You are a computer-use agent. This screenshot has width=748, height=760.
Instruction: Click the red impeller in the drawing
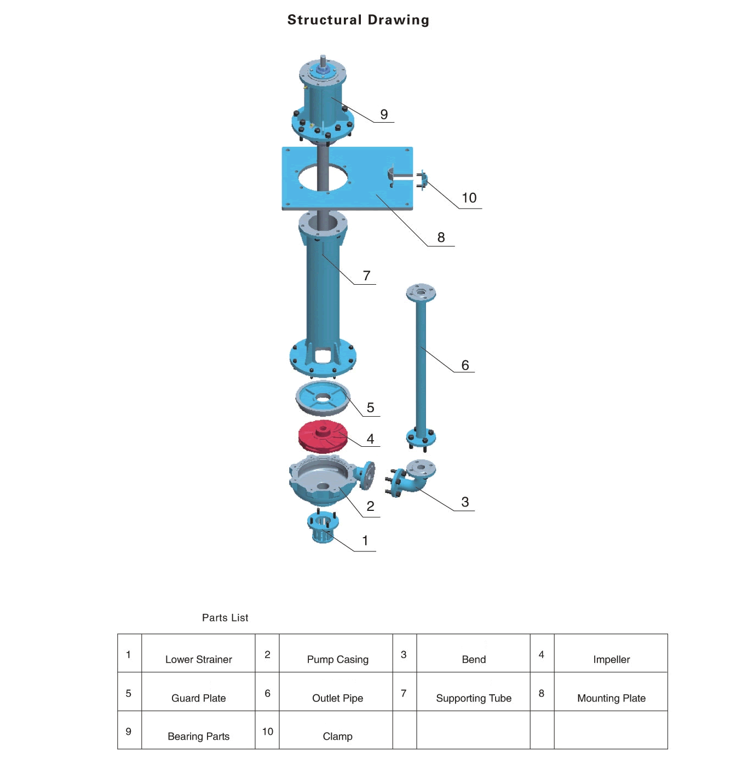click(x=323, y=436)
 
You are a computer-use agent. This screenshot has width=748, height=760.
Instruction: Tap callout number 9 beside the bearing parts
click(x=384, y=114)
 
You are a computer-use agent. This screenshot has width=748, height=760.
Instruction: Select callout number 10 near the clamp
click(x=469, y=198)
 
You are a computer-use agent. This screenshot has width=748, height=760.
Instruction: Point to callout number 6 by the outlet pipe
click(x=465, y=365)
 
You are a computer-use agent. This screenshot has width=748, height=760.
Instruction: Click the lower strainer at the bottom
click(x=323, y=528)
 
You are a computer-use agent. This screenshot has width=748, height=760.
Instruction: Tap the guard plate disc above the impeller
click(x=323, y=398)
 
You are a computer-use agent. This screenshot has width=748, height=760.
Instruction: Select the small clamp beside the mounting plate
click(x=422, y=180)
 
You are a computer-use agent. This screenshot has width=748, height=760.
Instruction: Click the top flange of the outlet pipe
click(x=421, y=293)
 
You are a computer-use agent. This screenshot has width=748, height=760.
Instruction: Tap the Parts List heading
click(x=225, y=618)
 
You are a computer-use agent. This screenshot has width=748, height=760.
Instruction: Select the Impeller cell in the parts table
click(x=611, y=659)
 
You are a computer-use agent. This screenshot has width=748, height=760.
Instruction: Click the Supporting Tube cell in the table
click(x=474, y=698)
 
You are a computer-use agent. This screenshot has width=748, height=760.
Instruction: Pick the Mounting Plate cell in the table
click(x=611, y=698)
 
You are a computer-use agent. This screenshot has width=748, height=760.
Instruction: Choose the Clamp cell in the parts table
click(x=337, y=736)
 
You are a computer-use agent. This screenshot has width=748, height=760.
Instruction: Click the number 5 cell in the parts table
click(x=129, y=693)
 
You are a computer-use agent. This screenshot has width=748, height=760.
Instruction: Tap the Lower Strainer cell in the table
click(x=198, y=659)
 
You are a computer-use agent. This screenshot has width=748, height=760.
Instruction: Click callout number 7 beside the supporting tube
click(x=367, y=276)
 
